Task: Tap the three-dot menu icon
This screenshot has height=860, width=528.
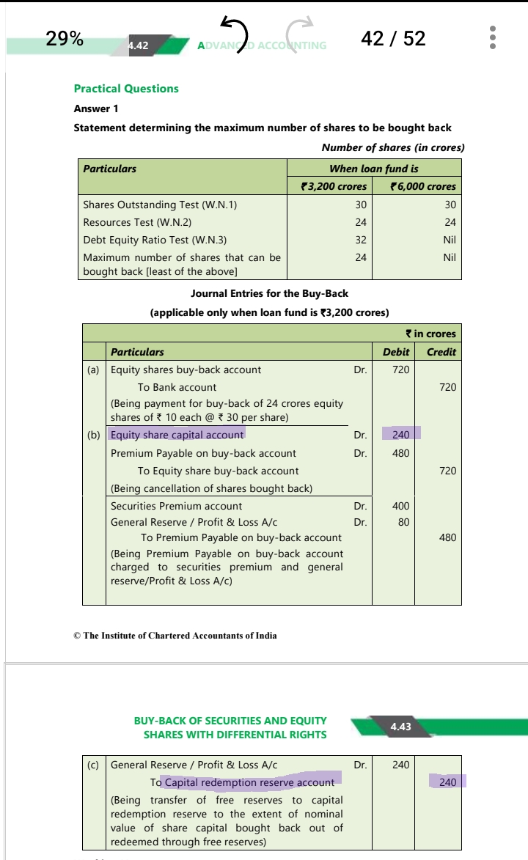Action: pos(494,37)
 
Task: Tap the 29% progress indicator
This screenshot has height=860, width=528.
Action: pos(65,38)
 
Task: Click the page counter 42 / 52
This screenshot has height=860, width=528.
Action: pos(393,38)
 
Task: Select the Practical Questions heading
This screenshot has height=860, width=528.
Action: pos(126,89)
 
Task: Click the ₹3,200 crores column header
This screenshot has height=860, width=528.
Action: pos(334,186)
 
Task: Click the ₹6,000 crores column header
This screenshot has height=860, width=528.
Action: pos(423,186)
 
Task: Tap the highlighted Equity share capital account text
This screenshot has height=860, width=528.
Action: pos(177,435)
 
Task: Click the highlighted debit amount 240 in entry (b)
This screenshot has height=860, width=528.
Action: pos(400,435)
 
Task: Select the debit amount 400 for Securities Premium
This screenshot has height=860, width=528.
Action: pos(400,506)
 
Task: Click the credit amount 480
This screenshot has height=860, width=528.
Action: pos(447,537)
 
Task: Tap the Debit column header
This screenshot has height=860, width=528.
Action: pos(396,352)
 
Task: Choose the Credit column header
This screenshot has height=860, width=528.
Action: pos(441,352)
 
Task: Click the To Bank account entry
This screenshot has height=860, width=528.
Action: pos(177,387)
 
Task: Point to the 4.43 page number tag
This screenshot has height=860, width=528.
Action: pos(401,727)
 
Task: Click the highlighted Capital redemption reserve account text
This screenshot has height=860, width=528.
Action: pos(249,782)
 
